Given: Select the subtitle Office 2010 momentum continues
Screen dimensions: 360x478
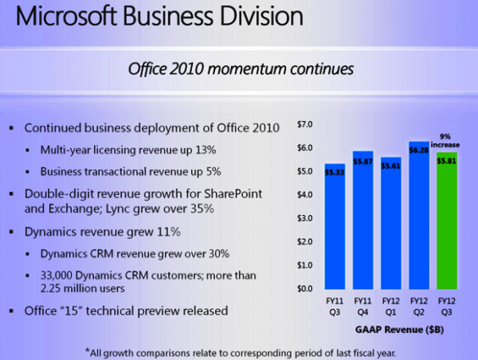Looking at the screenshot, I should [239, 70].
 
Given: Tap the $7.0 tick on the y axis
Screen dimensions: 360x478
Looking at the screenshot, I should [305, 124].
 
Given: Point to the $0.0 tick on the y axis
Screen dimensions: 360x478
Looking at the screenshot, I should [305, 288].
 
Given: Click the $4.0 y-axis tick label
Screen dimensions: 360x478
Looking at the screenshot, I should [305, 194].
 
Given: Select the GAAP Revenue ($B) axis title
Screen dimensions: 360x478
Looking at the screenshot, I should [391, 327].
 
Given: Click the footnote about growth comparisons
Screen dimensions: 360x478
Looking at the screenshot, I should [239, 350].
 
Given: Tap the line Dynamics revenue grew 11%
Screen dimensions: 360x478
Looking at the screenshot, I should [102, 233].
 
